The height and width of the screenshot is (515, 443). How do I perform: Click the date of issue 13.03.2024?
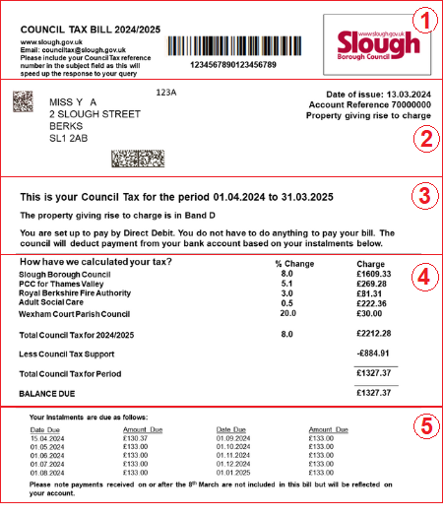tap(409, 95)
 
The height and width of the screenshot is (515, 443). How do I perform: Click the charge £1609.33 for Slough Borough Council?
tap(374, 274)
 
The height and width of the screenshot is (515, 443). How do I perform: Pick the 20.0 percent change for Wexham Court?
tap(285, 313)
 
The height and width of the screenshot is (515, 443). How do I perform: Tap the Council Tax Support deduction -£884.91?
tap(375, 353)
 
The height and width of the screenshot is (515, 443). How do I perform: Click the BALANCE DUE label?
tap(46, 392)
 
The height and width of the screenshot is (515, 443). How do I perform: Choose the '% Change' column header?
tap(292, 263)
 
